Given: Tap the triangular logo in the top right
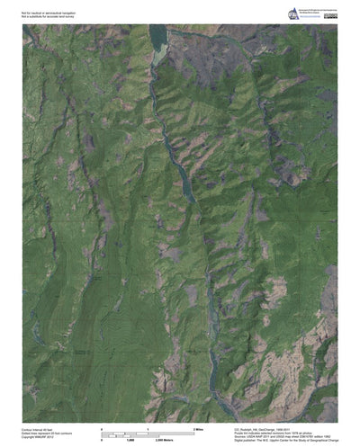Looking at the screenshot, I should coord(292,13).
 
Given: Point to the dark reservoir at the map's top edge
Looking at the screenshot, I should coord(158,36).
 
